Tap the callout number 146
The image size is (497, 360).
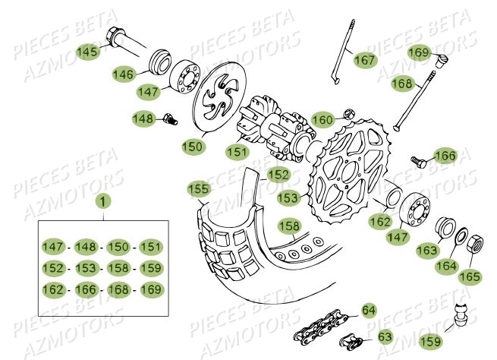click(x=124, y=74)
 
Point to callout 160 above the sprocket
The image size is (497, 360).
click(x=323, y=120)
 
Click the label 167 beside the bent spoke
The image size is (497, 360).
click(x=363, y=59)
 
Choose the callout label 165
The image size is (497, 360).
click(x=470, y=276)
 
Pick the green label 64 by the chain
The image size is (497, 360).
click(x=369, y=310)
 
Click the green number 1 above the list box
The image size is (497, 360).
click(x=102, y=203)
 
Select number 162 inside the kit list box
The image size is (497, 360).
click(x=52, y=289)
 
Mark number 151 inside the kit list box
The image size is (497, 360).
click(x=150, y=246)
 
